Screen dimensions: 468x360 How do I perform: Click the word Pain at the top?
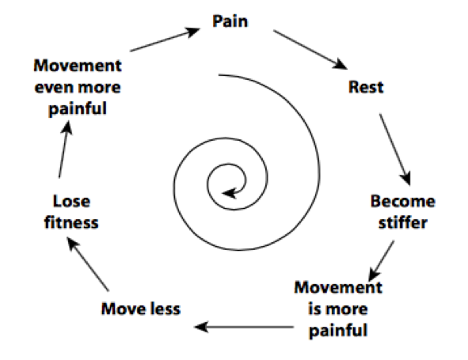tap(230, 21)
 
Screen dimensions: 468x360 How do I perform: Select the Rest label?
tap(366, 87)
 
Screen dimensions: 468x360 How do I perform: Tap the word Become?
tap(402, 201)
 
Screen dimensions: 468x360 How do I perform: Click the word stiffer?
tap(402, 223)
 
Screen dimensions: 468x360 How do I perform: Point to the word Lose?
tap(71, 201)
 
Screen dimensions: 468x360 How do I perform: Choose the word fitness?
tap(71, 223)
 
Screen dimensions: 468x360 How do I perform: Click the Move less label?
tap(141, 309)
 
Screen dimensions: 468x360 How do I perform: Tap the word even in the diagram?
tap(52, 87)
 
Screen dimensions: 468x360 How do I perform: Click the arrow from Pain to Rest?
tap(310, 50)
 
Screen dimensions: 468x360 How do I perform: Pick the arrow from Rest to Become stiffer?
tap(395, 150)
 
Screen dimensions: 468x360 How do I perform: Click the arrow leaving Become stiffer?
tap(382, 261)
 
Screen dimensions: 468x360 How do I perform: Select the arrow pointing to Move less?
tap(244, 327)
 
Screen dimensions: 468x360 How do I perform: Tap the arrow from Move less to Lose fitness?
tap(87, 263)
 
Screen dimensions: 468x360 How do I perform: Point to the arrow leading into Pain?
tap(165, 40)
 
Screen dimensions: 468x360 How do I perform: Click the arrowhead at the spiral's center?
tap(229, 193)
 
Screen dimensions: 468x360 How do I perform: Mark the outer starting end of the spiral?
tap(219, 74)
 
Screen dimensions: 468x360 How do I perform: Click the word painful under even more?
tap(78, 109)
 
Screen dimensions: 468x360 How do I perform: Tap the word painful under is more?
tap(338, 331)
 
